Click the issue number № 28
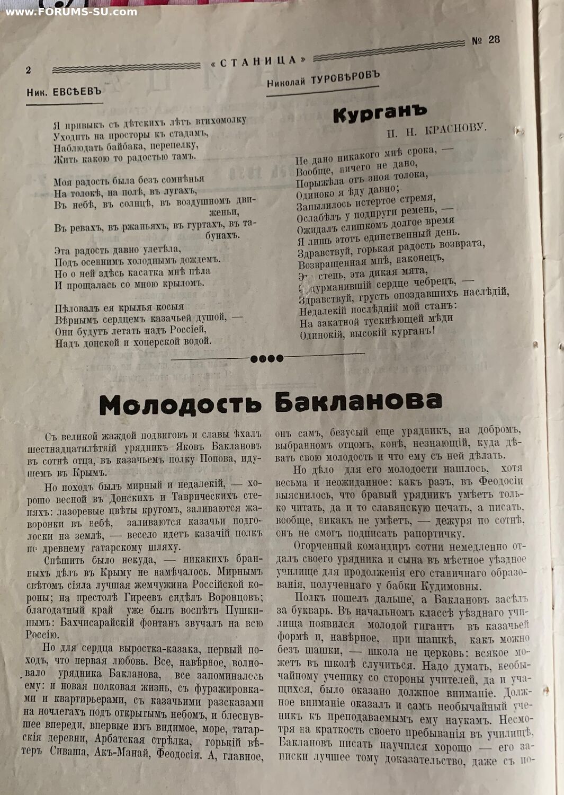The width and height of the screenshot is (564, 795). (486, 40)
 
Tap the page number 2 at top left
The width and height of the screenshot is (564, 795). (29, 70)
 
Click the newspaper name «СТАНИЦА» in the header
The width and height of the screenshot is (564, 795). (259, 62)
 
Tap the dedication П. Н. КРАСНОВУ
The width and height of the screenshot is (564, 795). (436, 129)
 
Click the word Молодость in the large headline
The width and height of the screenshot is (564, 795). (180, 405)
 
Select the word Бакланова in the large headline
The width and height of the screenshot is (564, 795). (358, 402)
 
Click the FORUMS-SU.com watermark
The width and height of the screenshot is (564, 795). (71, 12)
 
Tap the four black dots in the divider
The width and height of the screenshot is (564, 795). (266, 358)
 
